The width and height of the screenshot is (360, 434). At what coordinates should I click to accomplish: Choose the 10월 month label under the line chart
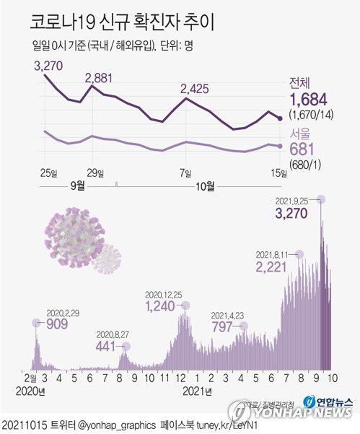(x=205, y=186)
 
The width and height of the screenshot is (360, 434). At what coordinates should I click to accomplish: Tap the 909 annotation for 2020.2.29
(x=56, y=324)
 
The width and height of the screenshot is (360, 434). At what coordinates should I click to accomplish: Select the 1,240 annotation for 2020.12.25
(x=160, y=306)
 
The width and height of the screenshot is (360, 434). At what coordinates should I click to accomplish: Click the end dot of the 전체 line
(x=280, y=118)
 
